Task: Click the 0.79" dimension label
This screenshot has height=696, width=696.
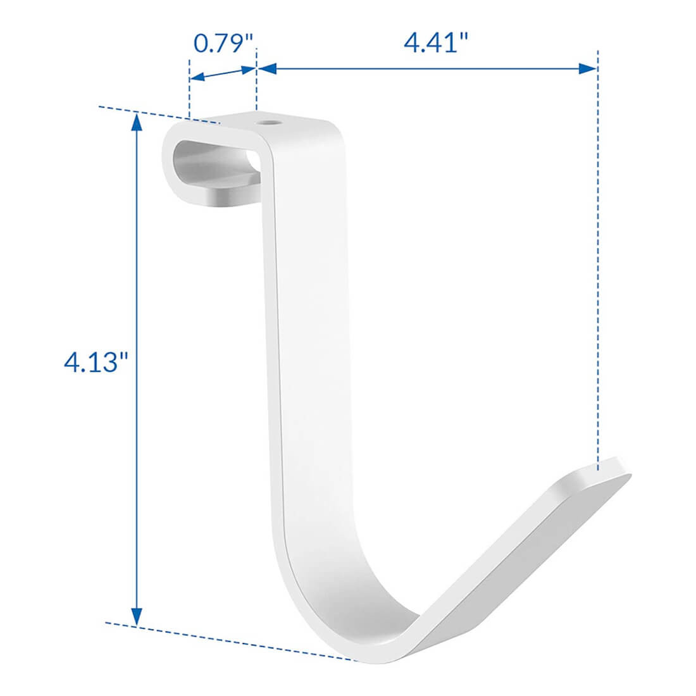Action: tap(223, 44)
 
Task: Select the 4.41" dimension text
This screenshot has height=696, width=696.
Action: tap(436, 44)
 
